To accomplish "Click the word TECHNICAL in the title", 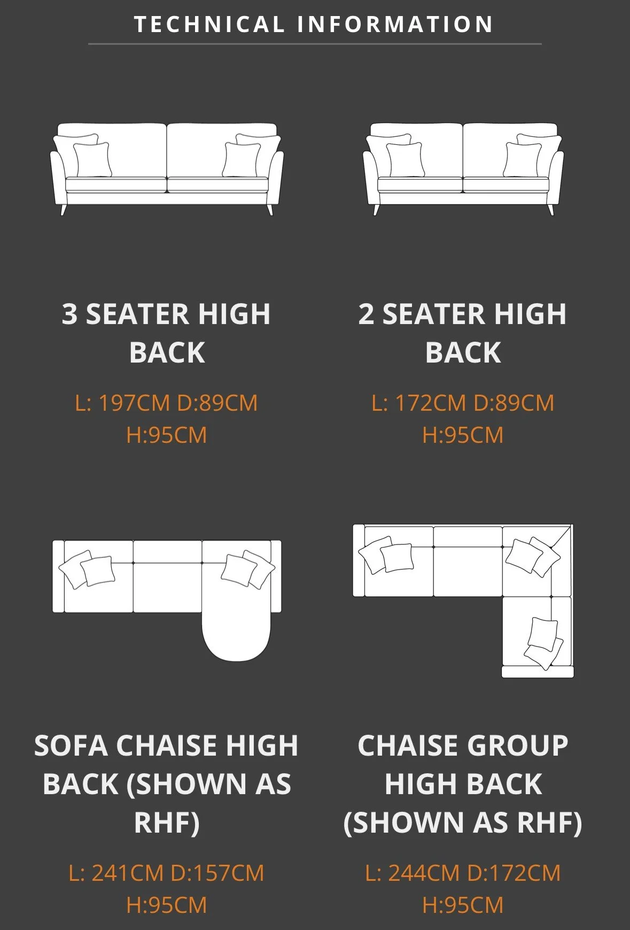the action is (209, 25).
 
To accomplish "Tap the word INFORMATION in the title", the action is (395, 25).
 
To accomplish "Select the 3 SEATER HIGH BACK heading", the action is (167, 333).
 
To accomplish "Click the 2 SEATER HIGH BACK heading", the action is (463, 333).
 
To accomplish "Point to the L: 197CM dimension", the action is (122, 403).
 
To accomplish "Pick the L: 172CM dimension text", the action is (418, 403).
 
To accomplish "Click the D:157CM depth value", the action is (217, 873).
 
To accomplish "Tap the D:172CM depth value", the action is (514, 873).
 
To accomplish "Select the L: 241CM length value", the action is (116, 873).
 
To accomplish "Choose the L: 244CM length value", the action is (413, 873).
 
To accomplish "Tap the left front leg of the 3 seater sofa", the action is (64, 209).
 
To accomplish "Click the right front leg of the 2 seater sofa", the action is (550, 209).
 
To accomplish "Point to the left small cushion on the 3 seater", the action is (92, 159).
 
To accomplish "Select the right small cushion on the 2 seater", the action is (522, 159).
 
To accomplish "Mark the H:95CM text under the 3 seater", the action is (167, 435).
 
